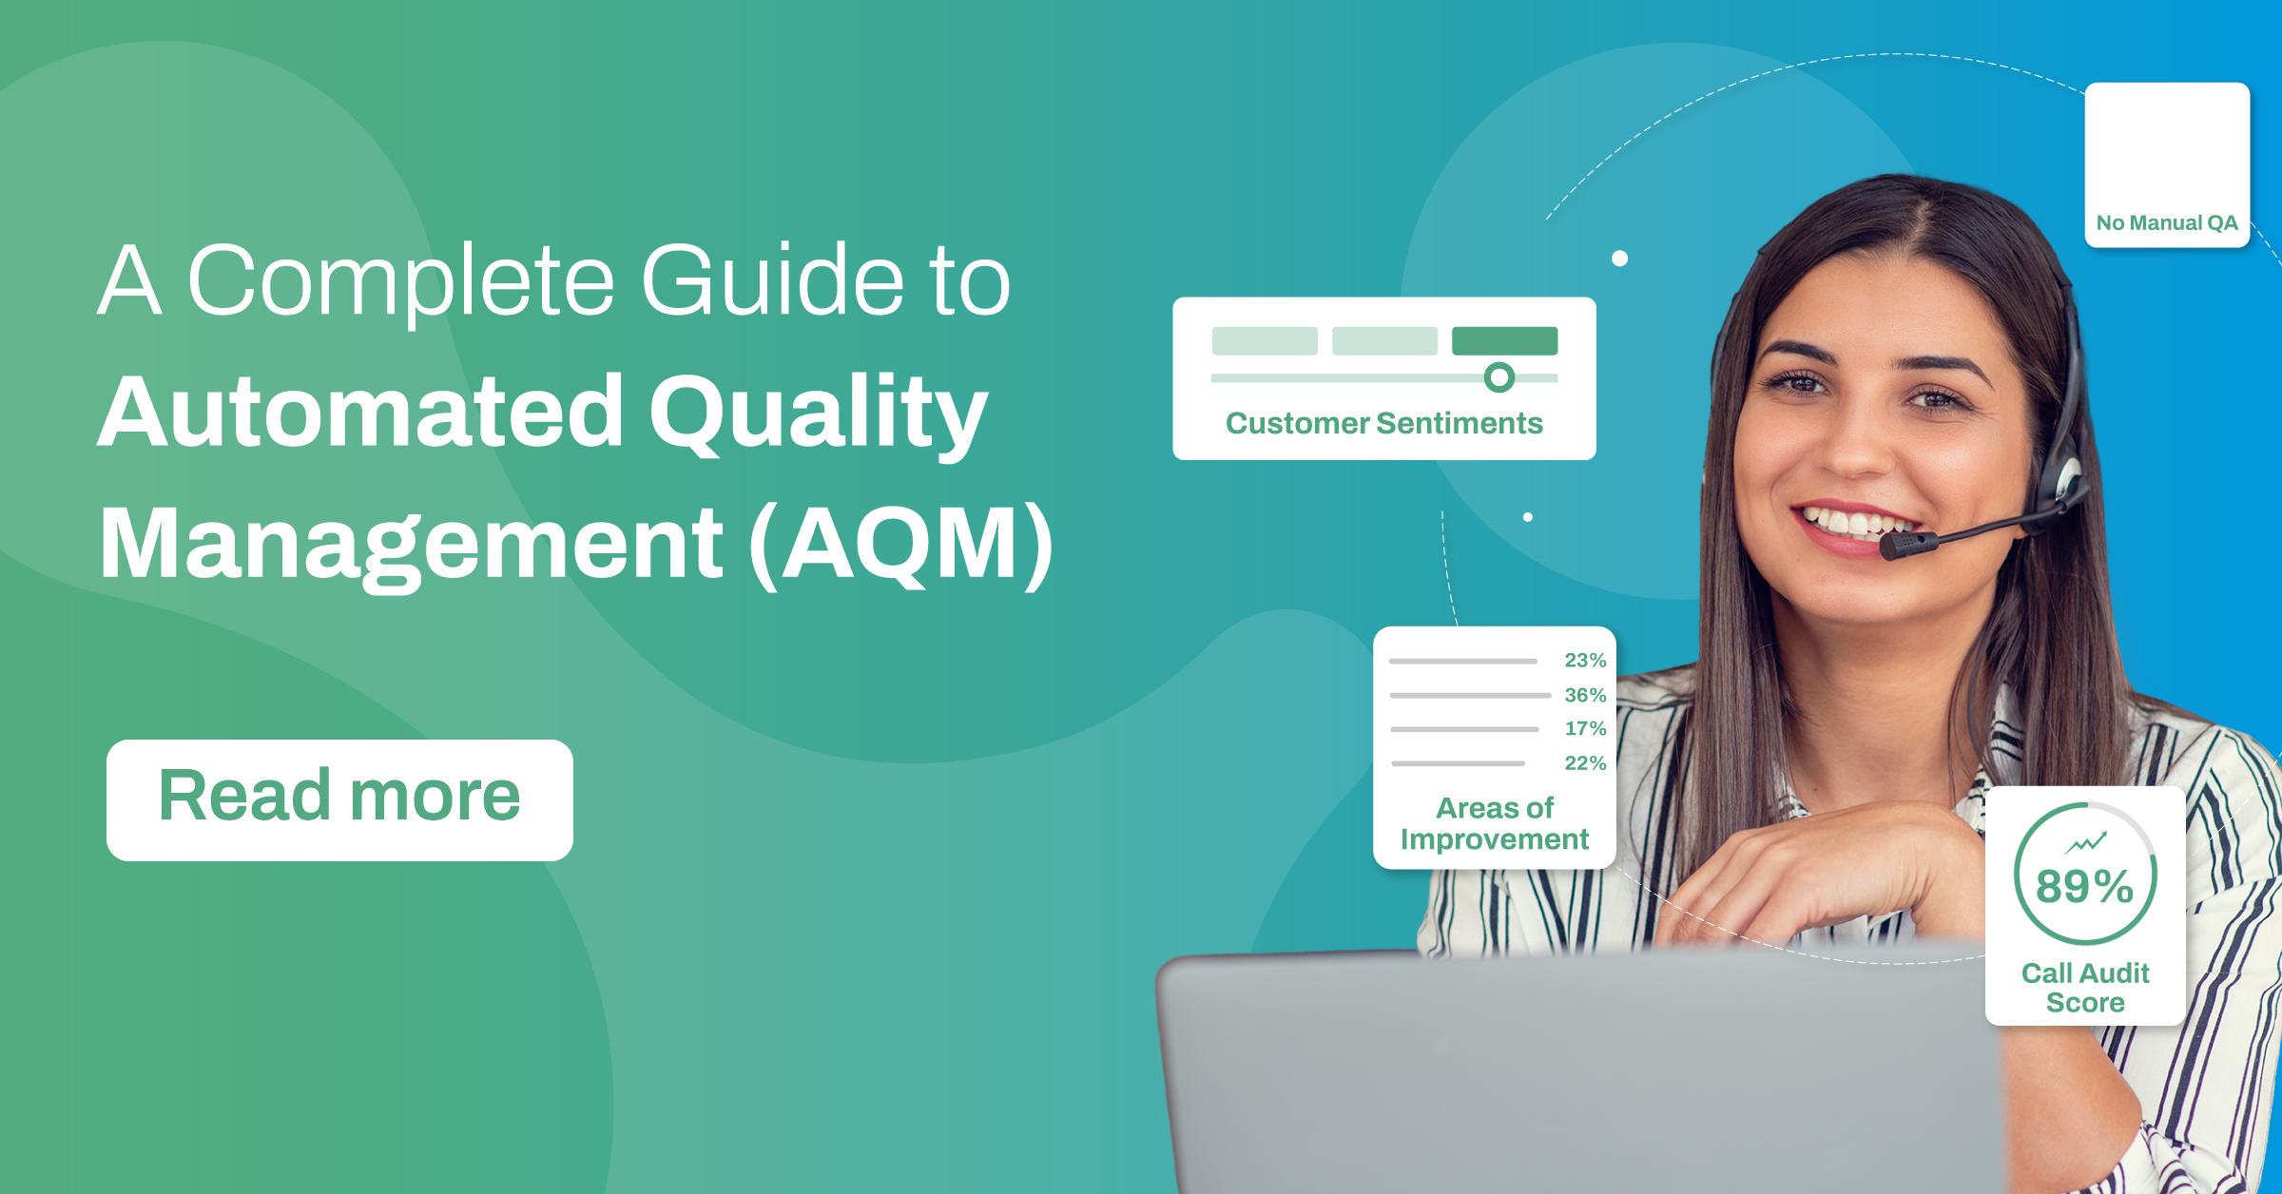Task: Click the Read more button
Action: [339, 799]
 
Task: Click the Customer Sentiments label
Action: [1383, 423]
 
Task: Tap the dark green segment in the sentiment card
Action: [1504, 340]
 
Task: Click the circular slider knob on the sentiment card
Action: [1499, 377]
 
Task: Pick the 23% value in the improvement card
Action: [1585, 660]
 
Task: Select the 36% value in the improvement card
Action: [1585, 695]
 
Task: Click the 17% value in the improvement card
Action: [1585, 728]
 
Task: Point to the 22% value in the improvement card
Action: [1585, 762]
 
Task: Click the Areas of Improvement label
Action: [1495, 823]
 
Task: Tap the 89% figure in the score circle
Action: [2084, 886]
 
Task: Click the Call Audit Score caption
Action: [2085, 988]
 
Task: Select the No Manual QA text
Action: [2167, 222]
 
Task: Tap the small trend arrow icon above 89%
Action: [2086, 842]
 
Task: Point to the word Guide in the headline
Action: [772, 281]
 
